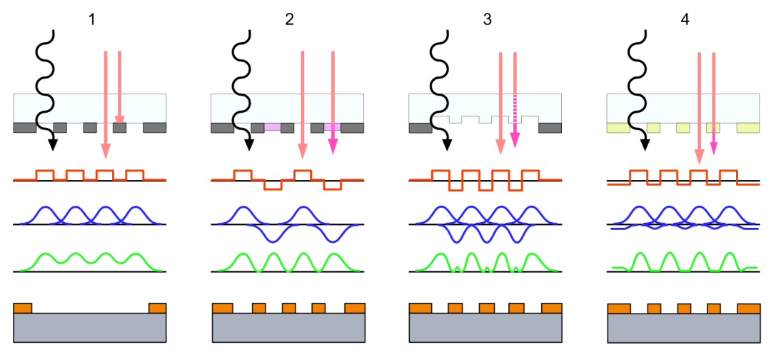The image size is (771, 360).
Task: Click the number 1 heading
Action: point(91,20)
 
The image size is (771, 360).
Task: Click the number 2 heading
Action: point(289,20)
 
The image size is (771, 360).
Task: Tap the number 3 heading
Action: point(487,20)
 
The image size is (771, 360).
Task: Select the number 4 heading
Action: point(685,20)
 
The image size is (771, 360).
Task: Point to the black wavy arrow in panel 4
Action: point(635,86)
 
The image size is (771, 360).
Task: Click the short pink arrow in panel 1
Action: point(120,86)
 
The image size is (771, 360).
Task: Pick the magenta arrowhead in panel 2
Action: point(333,146)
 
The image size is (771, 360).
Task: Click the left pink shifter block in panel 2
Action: point(273,127)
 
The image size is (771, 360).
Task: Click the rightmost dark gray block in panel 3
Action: point(550,127)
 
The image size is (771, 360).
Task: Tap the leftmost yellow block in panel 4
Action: point(618,127)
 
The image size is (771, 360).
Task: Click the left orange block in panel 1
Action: point(23,308)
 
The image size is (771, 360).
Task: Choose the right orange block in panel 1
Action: point(157,308)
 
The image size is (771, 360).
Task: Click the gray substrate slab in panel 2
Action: point(288,328)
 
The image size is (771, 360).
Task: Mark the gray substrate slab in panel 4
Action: point(684,329)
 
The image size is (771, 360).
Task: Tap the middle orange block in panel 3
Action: point(486,308)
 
